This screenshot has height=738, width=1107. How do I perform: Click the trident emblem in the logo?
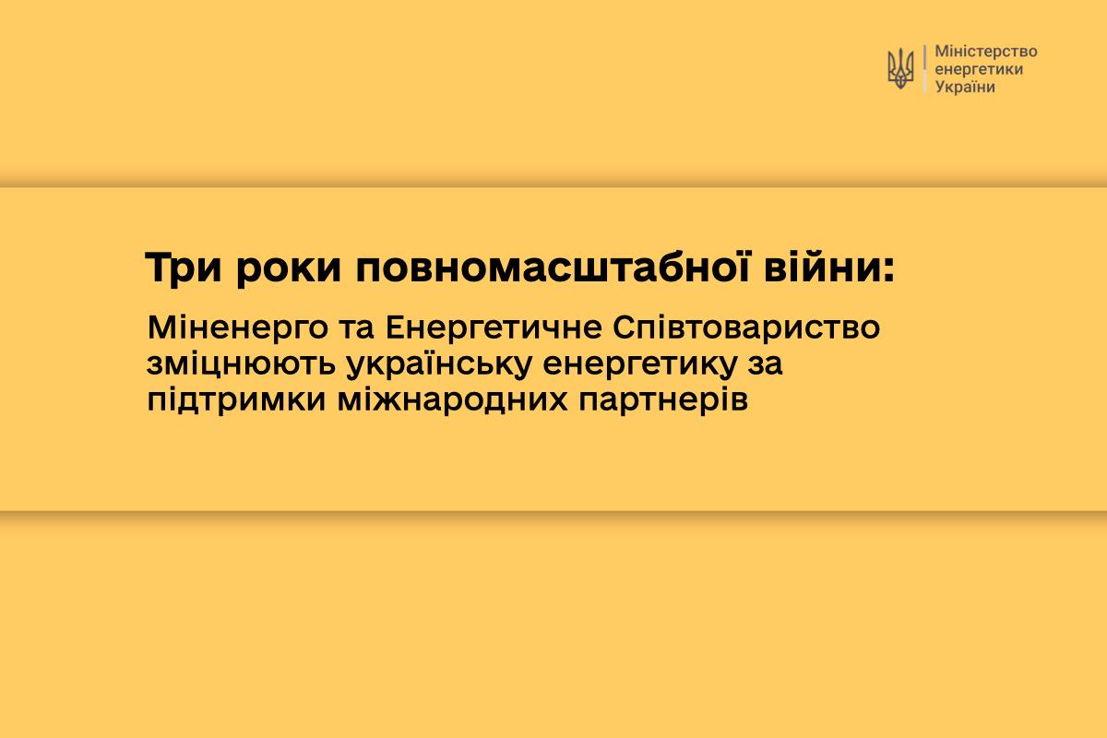900,68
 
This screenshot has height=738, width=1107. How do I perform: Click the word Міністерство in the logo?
986,52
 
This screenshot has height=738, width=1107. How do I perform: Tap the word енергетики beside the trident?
979,70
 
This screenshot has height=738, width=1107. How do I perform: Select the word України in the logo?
965,87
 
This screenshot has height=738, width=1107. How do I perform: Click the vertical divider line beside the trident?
924,68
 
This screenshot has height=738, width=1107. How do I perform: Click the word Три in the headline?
183,268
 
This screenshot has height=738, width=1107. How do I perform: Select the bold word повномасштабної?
553,268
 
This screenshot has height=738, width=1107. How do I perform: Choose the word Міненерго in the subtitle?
238,328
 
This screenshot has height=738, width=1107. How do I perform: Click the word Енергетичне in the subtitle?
494,328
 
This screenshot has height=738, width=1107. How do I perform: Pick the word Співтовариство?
746,327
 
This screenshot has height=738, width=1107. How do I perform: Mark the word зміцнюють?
241,363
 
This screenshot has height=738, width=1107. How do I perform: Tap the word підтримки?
237,400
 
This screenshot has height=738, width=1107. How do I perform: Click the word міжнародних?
452,400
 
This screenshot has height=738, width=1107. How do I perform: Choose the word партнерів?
663,401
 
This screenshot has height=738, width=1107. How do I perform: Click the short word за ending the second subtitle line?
765,364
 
